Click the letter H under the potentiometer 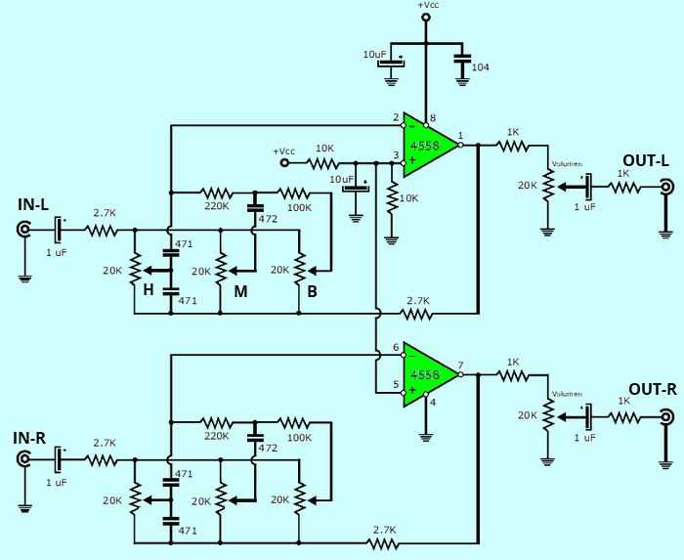click(150, 289)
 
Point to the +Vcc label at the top click(427, 6)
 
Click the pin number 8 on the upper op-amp click(433, 118)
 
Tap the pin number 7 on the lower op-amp click(461, 365)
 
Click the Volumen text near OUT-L click(567, 164)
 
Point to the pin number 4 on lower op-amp click(434, 402)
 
